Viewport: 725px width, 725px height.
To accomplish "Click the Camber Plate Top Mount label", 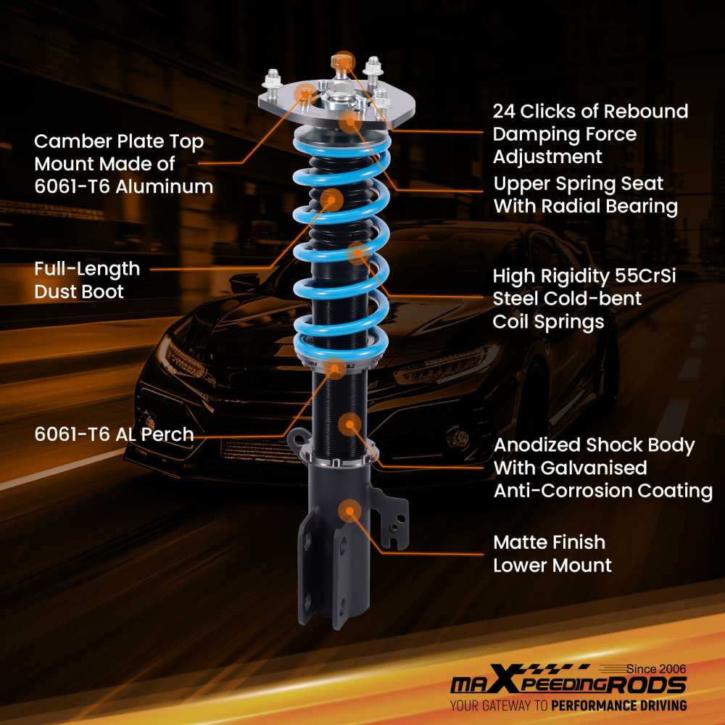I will point(123,163).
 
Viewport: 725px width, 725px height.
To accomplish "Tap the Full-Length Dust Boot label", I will point(87,280).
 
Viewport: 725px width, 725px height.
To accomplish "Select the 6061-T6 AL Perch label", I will point(114,434).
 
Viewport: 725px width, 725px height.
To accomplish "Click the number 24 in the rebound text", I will point(506,112).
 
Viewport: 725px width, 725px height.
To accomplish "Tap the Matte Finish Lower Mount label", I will point(552,553).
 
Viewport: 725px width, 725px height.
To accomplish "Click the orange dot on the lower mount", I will point(349,510).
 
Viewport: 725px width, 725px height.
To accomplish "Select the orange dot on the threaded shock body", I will point(349,424).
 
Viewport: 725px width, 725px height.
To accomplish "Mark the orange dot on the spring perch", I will point(335,368).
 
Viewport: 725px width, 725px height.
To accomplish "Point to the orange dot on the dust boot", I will point(331,199).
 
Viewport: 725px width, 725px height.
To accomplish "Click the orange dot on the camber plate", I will point(306,93).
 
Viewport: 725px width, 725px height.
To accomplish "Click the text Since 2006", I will point(655,668).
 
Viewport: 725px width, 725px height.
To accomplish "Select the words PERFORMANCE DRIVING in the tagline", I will point(618,705).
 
